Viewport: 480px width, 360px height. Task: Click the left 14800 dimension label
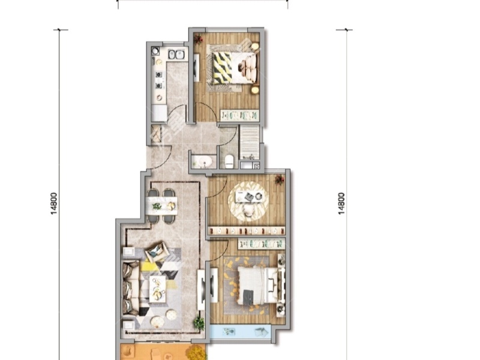click(54, 203)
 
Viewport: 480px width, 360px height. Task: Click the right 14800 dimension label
click(341, 203)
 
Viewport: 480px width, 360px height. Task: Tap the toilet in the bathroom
click(229, 161)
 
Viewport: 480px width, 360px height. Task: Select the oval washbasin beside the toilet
click(203, 161)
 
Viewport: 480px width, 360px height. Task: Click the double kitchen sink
click(176, 55)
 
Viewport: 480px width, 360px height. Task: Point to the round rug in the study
click(248, 201)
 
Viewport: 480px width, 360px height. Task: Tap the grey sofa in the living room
click(131, 288)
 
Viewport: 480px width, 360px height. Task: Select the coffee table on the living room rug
click(157, 289)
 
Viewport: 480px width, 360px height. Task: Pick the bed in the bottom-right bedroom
click(260, 286)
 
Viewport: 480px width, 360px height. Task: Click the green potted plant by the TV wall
click(199, 323)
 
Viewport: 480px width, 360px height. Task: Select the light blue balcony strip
click(241, 332)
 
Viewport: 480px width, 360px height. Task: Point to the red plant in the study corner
click(279, 179)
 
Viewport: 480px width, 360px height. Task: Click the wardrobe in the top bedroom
click(239, 115)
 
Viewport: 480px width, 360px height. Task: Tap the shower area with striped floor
click(249, 142)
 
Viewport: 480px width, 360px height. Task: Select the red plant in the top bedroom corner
click(199, 39)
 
